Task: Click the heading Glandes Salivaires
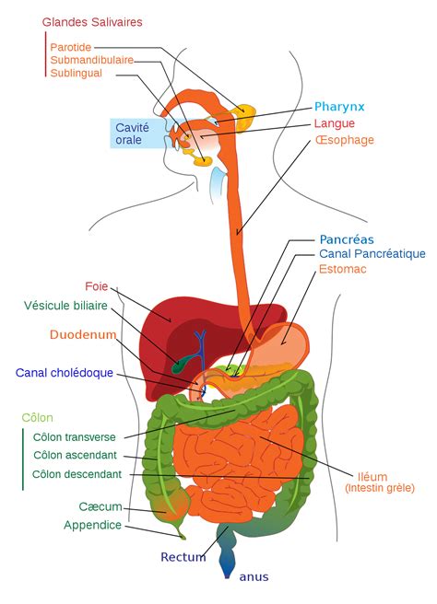(x=91, y=22)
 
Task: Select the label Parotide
(x=71, y=46)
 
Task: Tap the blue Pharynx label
(x=339, y=106)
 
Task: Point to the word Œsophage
(x=344, y=140)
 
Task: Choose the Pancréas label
(x=346, y=238)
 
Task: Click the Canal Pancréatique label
(x=372, y=253)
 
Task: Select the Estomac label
(x=343, y=270)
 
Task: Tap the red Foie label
(x=97, y=286)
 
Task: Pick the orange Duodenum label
(x=83, y=334)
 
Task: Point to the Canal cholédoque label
(x=64, y=373)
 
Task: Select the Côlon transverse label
(x=75, y=437)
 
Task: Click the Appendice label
(x=91, y=525)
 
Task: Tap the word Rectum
(x=183, y=557)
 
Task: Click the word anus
(x=254, y=577)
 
